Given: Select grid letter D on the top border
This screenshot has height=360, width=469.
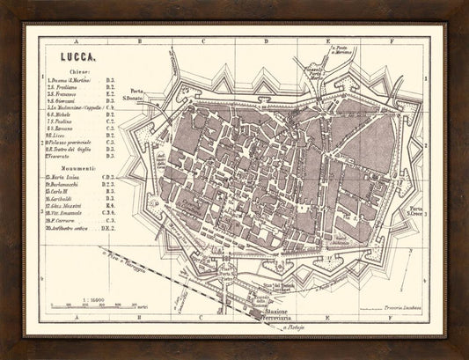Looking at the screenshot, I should pyautogui.click(x=262, y=40).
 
